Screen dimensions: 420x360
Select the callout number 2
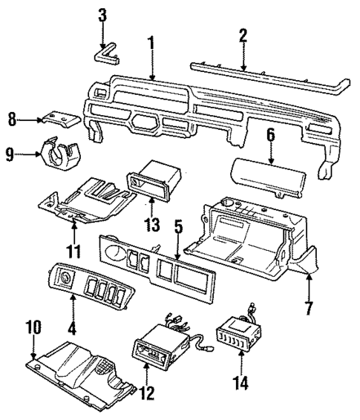tap(242, 36)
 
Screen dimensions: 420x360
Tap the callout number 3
tap(103, 14)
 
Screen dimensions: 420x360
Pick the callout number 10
tap(33, 327)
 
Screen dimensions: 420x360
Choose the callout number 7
tap(308, 306)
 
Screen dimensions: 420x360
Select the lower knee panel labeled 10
tap(82, 367)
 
